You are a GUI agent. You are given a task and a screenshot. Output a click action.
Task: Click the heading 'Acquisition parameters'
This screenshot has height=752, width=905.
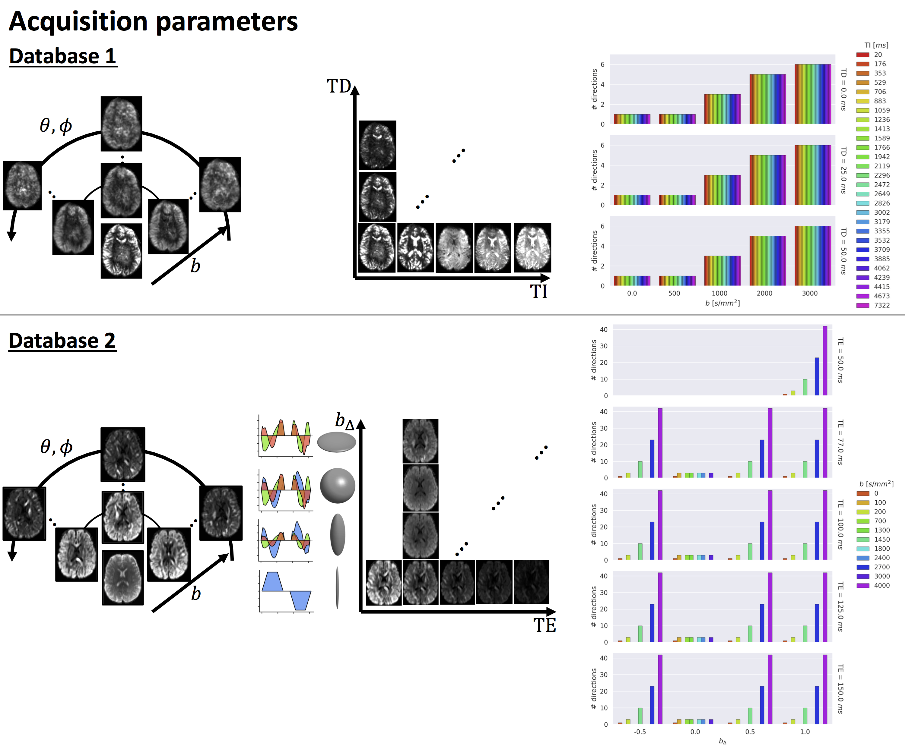point(154,21)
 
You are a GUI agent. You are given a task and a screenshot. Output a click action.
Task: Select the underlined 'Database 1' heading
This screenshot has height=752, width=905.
point(63,56)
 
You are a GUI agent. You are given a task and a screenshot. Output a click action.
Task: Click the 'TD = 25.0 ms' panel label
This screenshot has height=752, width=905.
point(844,170)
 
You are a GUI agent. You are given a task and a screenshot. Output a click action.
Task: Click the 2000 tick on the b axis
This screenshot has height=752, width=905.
point(764,293)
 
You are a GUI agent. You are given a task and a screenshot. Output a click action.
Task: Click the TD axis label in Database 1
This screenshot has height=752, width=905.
point(339,86)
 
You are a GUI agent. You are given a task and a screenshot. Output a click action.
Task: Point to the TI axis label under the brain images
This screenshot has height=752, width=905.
point(539,291)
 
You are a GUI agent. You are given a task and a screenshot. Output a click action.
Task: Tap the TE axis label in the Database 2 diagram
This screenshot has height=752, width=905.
point(545,625)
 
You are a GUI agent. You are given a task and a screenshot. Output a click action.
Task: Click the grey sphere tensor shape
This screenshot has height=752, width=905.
point(338,485)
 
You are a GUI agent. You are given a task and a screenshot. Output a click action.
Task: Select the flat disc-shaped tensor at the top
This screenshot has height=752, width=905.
point(337,442)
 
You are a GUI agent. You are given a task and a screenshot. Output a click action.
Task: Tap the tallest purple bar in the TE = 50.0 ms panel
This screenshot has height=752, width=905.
point(825,360)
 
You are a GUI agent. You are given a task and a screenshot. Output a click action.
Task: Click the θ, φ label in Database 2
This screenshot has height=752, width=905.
point(56,447)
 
